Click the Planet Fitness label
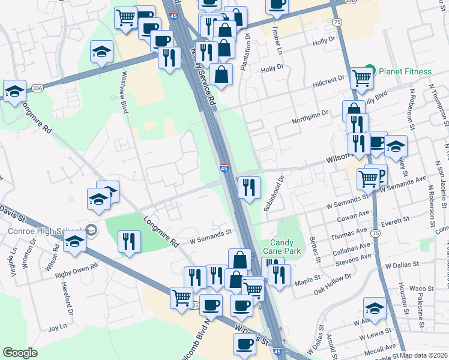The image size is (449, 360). point(405,71)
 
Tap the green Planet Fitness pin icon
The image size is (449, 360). point(371,71)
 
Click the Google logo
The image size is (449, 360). point(20,353)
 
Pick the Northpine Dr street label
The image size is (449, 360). point(310,113)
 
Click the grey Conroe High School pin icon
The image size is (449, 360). point(91,230)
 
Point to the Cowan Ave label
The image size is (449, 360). point(356,215)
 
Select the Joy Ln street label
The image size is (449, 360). point(57,328)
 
